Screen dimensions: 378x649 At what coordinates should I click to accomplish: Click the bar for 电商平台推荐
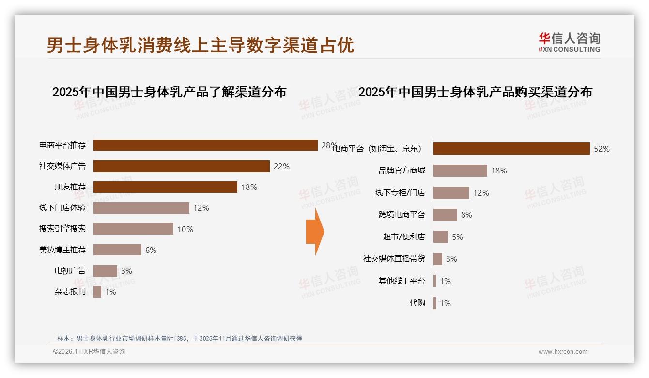205,145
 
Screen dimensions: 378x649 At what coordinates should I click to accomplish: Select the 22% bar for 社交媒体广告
181,166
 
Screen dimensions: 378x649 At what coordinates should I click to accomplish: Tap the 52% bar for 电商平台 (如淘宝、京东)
511,149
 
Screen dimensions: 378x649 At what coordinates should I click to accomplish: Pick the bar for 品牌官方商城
460,171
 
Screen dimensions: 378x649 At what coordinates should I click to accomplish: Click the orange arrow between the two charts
315,232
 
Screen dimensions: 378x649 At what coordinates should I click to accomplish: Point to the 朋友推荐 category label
70,187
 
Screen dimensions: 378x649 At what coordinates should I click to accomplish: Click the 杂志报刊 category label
70,292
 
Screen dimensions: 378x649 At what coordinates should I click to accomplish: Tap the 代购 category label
417,303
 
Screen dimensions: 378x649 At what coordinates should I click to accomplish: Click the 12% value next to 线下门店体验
201,208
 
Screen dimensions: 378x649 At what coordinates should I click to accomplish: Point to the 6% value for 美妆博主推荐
151,250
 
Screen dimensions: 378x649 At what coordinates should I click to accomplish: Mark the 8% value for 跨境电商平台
466,215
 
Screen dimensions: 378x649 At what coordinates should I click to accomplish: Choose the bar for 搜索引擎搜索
133,229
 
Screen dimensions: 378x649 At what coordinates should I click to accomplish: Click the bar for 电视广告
105,271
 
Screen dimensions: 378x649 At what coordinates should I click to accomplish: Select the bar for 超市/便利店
440,237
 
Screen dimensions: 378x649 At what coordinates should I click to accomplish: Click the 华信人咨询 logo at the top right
569,42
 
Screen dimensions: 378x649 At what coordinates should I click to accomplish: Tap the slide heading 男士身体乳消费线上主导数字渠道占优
201,45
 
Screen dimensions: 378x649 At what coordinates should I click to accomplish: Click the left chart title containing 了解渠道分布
169,92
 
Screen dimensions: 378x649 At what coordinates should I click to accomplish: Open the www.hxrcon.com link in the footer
562,352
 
